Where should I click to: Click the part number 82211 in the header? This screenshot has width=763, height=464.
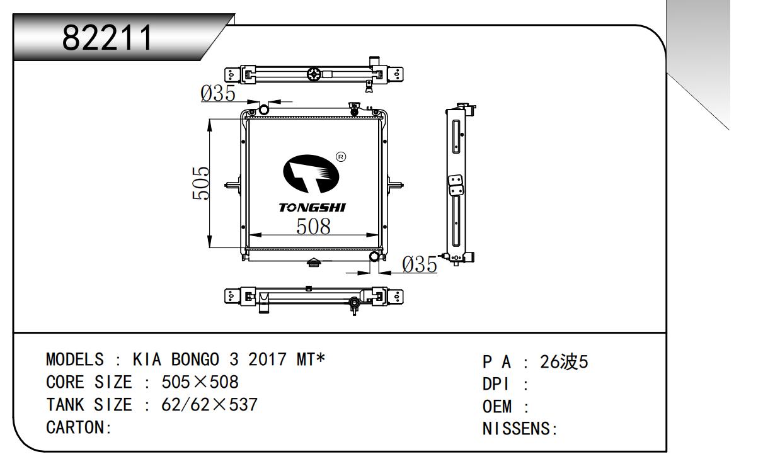click(x=107, y=37)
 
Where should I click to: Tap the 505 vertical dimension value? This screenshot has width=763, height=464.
click(x=200, y=183)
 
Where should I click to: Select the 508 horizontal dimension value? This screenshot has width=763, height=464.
click(x=313, y=227)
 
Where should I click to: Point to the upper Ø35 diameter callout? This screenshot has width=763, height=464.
click(x=218, y=93)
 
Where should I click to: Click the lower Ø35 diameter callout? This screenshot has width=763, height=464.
click(x=420, y=265)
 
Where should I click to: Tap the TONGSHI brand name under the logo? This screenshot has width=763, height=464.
click(x=312, y=208)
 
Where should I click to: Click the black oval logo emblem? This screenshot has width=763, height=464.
click(x=311, y=174)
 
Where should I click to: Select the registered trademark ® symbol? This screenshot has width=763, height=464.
click(x=341, y=157)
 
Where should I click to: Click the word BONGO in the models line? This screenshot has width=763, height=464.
click(x=195, y=359)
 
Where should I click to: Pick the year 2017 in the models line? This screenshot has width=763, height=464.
click(x=267, y=359)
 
